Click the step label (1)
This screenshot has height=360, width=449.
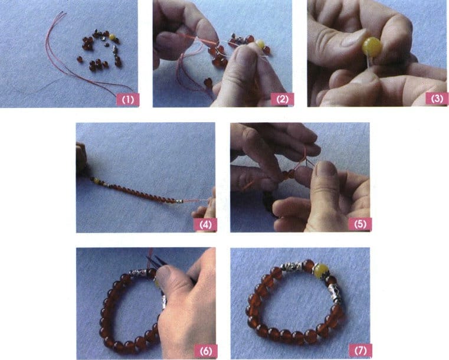127,99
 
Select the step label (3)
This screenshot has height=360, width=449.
436,99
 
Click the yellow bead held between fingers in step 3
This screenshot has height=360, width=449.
372,47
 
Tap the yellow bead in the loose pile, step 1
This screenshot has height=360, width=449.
111,37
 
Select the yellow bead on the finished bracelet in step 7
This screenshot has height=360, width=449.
320,271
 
